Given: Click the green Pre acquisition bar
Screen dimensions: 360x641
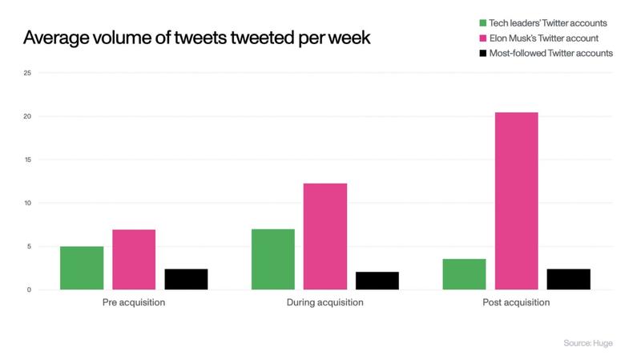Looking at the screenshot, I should (x=82, y=268).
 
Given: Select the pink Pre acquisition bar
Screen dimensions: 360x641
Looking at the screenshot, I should (x=134, y=260).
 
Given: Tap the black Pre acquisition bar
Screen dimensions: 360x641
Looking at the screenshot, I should (x=186, y=279).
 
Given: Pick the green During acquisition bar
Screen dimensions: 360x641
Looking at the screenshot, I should (x=272, y=259).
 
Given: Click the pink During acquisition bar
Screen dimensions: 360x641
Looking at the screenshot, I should (x=325, y=237).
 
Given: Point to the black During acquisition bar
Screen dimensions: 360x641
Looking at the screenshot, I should (x=377, y=281).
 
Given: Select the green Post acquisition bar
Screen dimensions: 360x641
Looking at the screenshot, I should (x=464, y=274).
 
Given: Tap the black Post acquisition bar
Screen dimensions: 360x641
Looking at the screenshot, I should (x=568, y=279).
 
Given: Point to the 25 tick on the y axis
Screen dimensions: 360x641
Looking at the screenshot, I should (x=29, y=74).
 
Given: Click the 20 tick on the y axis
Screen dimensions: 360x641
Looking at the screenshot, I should (x=29, y=117).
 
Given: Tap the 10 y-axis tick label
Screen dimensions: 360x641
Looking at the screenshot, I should (x=29, y=204).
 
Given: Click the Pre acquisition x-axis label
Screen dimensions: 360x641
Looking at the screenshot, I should (x=134, y=303).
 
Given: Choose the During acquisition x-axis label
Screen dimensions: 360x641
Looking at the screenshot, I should (x=325, y=303).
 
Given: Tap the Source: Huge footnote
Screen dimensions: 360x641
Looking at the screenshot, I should (x=587, y=343).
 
